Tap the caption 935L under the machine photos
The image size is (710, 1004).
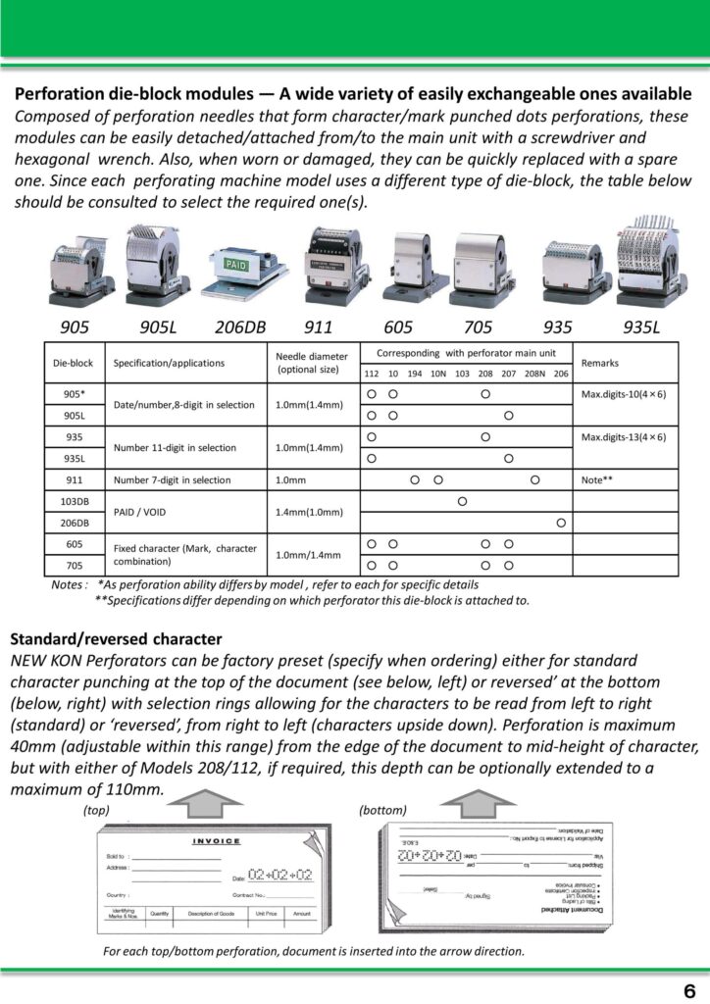pyautogui.click(x=645, y=326)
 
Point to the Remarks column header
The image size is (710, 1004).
pyautogui.click(x=600, y=362)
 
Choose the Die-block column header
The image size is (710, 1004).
pyautogui.click(x=72, y=363)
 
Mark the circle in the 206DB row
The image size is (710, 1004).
pyautogui.click(x=561, y=523)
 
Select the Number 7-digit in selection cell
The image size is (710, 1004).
pyautogui.click(x=173, y=480)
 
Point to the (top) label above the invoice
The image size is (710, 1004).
pyautogui.click(x=96, y=810)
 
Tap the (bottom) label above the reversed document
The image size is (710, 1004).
pyautogui.click(x=382, y=810)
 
